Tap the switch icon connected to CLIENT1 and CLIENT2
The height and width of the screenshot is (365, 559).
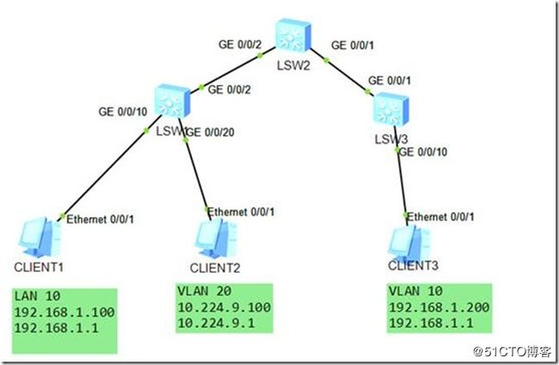[x=172, y=101]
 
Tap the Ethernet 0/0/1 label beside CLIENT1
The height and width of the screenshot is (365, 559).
[x=99, y=219]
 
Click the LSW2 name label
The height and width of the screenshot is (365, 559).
[x=296, y=65]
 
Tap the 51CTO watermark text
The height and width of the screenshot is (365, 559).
[x=514, y=351]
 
